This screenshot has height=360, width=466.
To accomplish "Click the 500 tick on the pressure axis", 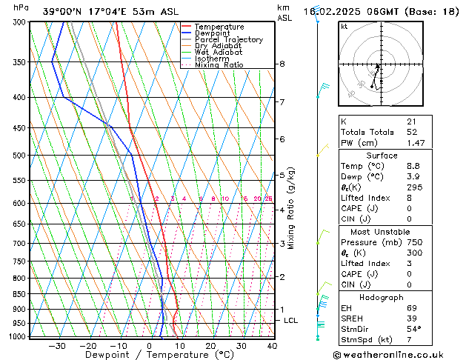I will point(20,156).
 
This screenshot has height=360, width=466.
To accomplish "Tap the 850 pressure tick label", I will point(20,294).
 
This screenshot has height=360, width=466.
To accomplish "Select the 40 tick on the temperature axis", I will point(272,345).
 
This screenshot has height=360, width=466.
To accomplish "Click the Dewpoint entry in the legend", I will point(213,33).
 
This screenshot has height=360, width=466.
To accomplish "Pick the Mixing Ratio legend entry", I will point(219,65).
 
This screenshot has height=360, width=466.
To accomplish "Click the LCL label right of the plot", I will point(291,320).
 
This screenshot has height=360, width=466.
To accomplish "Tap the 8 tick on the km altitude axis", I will point(282,64).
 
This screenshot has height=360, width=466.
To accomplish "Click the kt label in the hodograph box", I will point(344,26).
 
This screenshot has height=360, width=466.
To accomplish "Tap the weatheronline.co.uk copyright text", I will point(399,354).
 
